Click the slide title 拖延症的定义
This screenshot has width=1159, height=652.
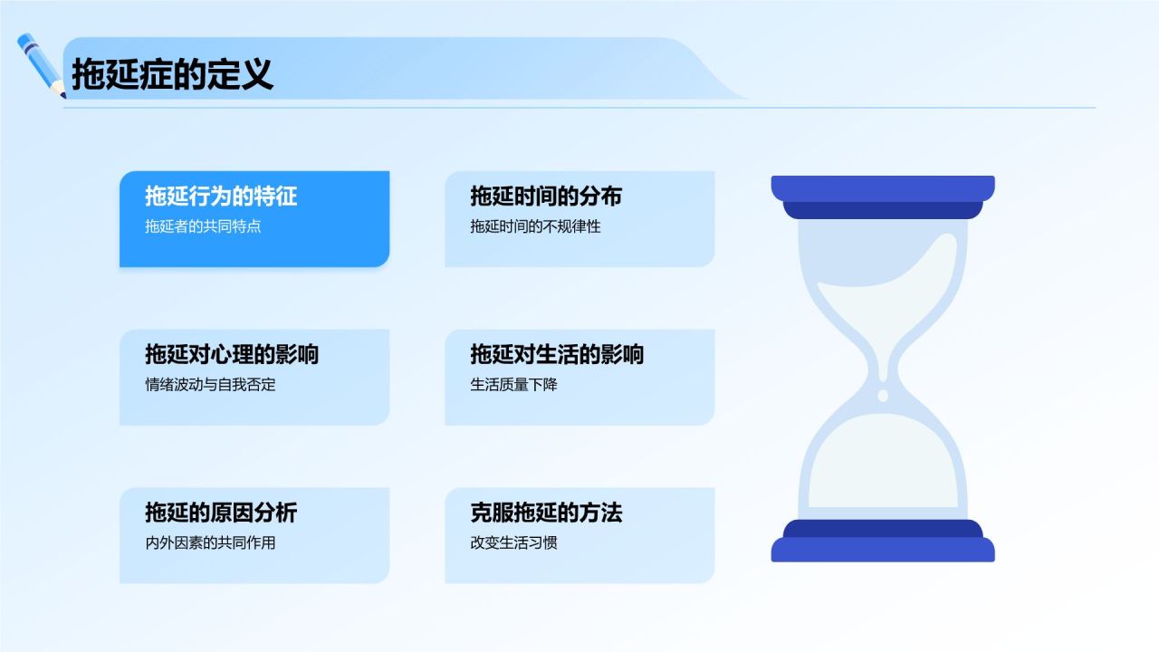coord(172,74)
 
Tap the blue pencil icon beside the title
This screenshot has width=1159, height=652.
coord(42,65)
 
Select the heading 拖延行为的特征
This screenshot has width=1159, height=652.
coord(221,197)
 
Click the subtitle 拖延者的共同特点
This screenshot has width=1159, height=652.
coord(203,226)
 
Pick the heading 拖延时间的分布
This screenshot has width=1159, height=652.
coord(546,197)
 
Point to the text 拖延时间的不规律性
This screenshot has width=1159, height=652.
coord(535,226)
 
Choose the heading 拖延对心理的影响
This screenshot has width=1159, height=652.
coord(232,354)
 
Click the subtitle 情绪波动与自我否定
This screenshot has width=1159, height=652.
coord(210,385)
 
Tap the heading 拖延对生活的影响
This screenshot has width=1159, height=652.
coord(557,354)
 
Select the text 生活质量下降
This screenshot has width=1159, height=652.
coord(513,385)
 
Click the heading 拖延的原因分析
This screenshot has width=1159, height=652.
coord(221,513)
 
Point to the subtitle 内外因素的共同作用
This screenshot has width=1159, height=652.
coord(210,542)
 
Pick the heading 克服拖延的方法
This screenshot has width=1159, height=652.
coord(546,513)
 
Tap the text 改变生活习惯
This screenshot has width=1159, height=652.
coord(513,542)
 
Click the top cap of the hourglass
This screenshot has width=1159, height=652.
coord(883,197)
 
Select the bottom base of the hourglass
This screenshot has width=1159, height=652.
coord(883,541)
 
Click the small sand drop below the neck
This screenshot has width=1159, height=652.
coord(883,396)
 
